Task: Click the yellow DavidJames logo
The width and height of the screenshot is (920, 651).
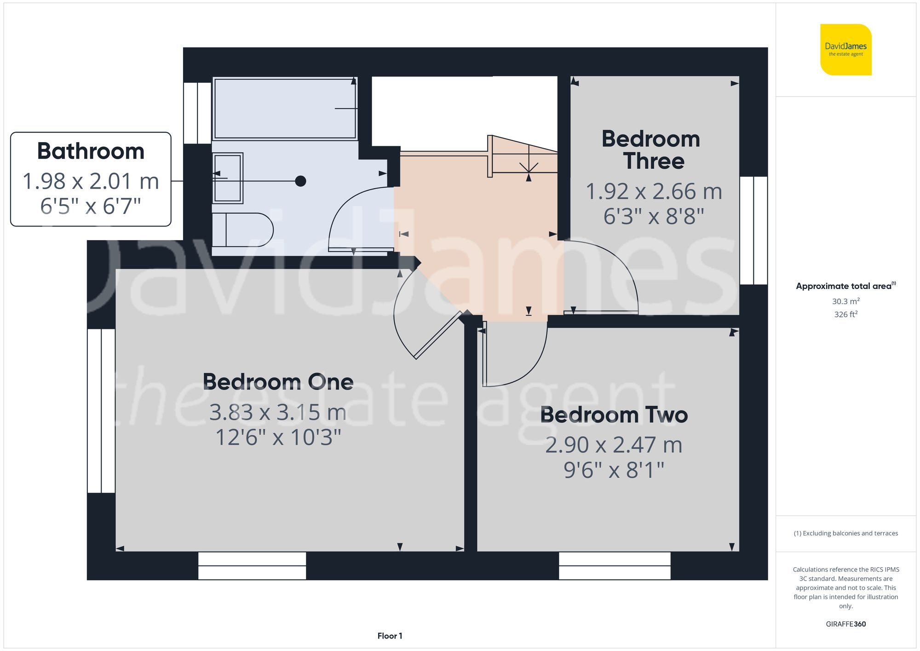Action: pos(845,50)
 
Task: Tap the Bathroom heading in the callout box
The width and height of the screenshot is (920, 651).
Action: pos(91,151)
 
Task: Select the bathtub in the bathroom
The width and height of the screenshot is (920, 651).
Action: pos(285,109)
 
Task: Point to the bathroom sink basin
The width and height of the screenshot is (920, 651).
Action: pos(228,178)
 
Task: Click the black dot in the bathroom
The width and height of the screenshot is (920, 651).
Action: pos(300,181)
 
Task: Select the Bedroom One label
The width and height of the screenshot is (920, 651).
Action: pos(278,382)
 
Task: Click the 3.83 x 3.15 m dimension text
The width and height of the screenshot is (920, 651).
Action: pos(278,412)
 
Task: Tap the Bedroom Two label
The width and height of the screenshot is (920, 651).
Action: pos(614,415)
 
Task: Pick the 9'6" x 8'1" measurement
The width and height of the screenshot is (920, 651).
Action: pos(614,470)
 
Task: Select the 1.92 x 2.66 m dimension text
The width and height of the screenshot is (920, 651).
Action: pos(654,191)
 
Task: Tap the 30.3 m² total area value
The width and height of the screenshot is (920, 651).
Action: pos(845,301)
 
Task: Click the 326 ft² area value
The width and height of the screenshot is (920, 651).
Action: pos(845,314)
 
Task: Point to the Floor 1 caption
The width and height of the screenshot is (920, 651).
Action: pos(390,636)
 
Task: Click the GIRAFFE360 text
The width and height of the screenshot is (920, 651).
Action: pos(845,624)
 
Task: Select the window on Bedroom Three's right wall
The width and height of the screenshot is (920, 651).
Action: pos(753,230)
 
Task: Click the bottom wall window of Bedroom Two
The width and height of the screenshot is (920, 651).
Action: pos(615,566)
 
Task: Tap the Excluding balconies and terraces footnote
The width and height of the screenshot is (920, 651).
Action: pos(845,533)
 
